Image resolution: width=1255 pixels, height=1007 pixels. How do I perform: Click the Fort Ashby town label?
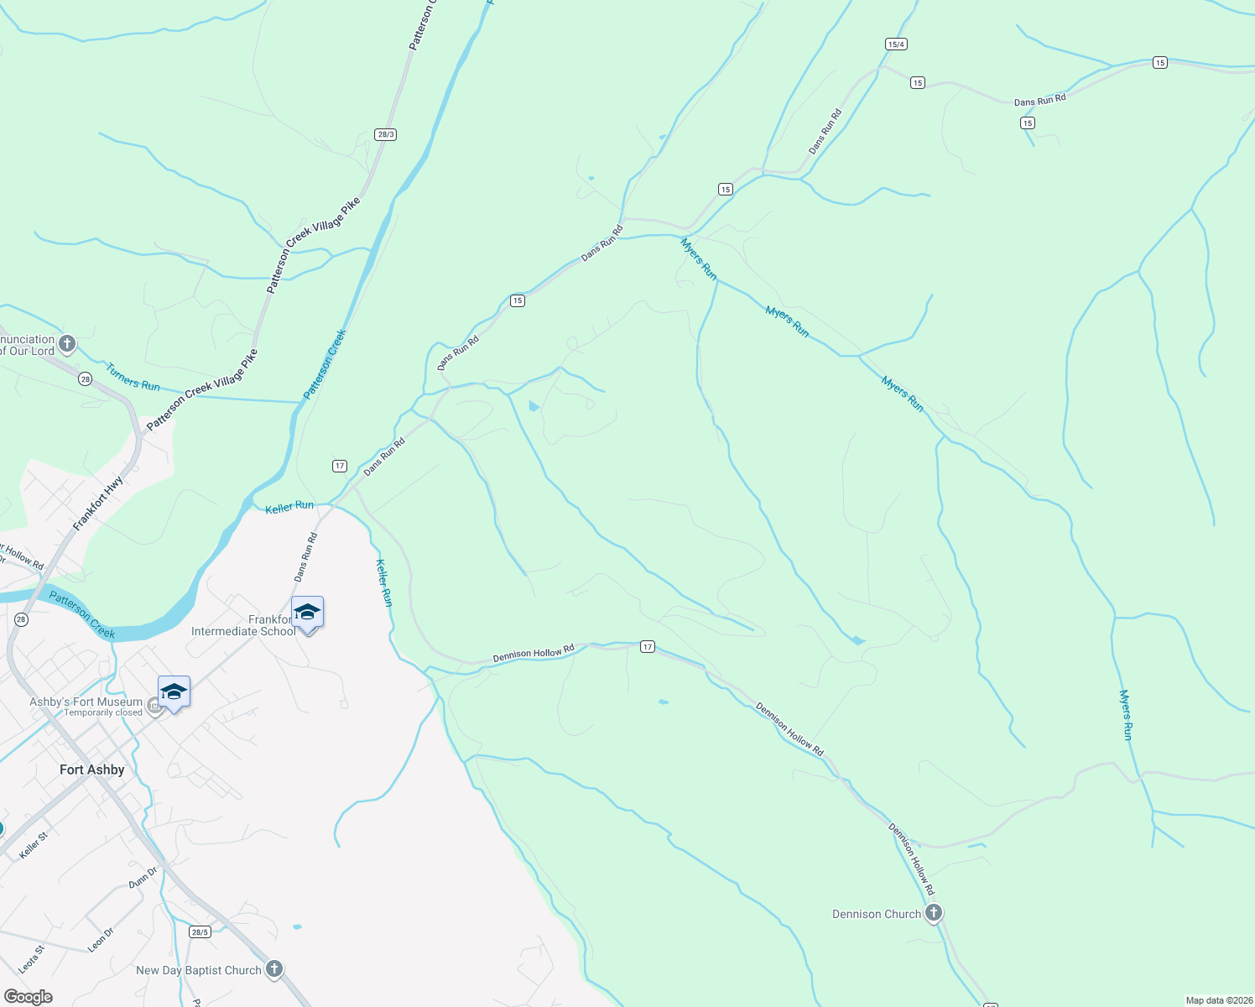pyautogui.click(x=92, y=770)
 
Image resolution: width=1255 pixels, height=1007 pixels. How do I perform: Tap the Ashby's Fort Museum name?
pyautogui.click(x=86, y=702)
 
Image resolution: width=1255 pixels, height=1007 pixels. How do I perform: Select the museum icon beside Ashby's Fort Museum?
pyautogui.click(x=154, y=707)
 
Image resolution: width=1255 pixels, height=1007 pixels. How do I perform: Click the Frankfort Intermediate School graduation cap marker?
pyautogui.click(x=307, y=613)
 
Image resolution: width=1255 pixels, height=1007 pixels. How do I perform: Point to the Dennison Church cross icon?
pyautogui.click(x=934, y=913)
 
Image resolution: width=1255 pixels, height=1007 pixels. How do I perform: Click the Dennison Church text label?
pyautogui.click(x=876, y=914)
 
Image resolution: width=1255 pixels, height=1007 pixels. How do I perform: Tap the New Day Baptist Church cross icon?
pyautogui.click(x=273, y=970)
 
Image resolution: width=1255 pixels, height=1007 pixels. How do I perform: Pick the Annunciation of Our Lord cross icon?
pyautogui.click(x=67, y=344)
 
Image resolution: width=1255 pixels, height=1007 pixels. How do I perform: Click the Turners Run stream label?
pyautogui.click(x=133, y=377)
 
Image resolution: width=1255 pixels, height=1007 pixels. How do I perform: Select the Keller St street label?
pyautogui.click(x=34, y=844)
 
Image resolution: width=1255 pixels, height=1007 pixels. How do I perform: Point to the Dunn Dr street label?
pyautogui.click(x=143, y=877)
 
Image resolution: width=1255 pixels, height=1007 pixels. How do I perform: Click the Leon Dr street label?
pyautogui.click(x=101, y=939)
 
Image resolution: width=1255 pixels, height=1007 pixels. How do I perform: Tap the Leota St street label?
pyautogui.click(x=31, y=959)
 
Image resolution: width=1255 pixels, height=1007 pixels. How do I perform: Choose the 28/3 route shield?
pyautogui.click(x=386, y=134)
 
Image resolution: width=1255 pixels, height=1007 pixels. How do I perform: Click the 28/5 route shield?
pyautogui.click(x=200, y=931)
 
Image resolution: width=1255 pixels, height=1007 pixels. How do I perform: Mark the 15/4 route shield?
pyautogui.click(x=896, y=44)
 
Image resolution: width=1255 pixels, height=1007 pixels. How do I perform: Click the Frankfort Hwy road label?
pyautogui.click(x=98, y=503)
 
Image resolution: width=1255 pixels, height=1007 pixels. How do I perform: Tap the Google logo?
pyautogui.click(x=29, y=997)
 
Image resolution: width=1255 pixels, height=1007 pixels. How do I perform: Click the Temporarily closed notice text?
pyautogui.click(x=103, y=713)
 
